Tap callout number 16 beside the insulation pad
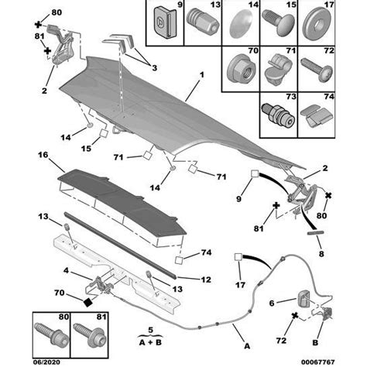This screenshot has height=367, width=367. (x=43, y=155)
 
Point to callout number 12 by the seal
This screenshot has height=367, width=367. (x=66, y=270)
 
